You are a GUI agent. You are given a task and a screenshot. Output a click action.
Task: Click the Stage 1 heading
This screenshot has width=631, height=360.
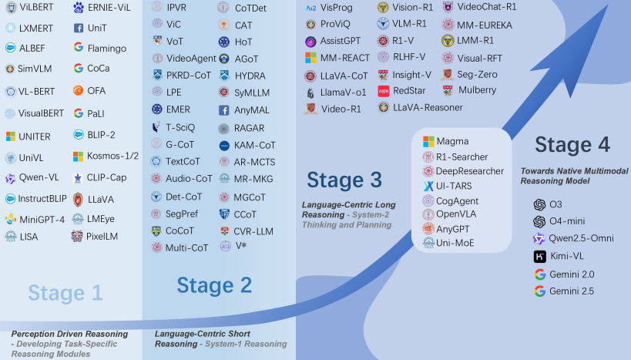[x=65, y=292]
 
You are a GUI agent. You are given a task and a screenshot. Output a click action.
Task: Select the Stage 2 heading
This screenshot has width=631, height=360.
[x=214, y=285]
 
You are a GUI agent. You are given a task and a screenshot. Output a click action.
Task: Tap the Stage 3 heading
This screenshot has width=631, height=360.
[x=344, y=180]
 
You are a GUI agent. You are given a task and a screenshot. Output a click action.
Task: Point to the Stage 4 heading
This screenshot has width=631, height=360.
[x=572, y=144]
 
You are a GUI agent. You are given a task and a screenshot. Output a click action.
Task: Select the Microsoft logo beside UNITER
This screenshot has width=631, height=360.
[x=11, y=136]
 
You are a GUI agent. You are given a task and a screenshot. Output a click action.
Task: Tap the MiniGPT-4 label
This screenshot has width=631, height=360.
[x=42, y=219]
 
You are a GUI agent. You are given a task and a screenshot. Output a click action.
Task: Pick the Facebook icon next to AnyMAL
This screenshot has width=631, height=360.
[x=223, y=110]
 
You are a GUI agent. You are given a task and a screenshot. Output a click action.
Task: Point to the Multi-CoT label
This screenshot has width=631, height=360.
[x=186, y=247]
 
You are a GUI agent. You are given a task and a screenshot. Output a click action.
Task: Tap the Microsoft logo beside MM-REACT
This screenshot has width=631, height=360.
[x=310, y=58]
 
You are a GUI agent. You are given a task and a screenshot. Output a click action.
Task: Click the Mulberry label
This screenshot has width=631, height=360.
[x=477, y=90]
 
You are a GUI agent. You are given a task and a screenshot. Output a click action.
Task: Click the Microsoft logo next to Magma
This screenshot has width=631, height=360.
[x=429, y=142]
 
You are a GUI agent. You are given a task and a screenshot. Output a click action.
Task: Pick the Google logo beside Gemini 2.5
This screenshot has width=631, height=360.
[x=539, y=291]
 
